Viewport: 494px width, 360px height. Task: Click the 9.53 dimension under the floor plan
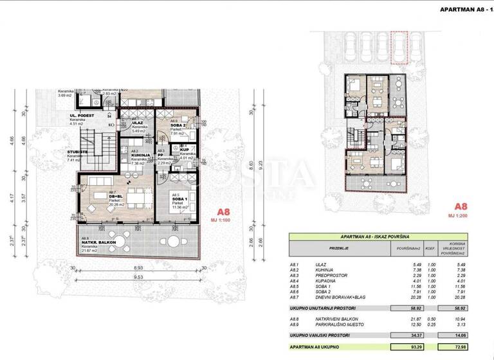click(x=139, y=277)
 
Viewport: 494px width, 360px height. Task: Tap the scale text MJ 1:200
click(x=459, y=216)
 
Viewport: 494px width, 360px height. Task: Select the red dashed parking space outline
click(x=399, y=48)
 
